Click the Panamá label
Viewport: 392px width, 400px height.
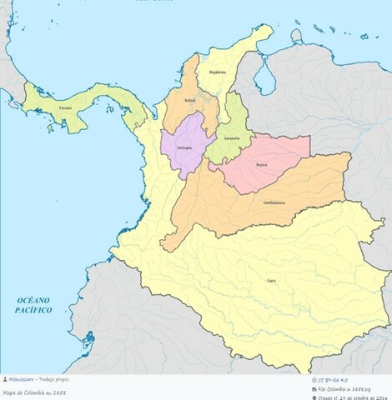click(x=65, y=107)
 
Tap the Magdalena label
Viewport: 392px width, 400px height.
click(x=217, y=72)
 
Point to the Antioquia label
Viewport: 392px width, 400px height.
click(x=184, y=147)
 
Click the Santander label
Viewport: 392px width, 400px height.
click(x=232, y=137)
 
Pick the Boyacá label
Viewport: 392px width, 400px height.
click(x=263, y=164)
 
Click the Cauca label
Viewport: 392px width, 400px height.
click(x=271, y=282)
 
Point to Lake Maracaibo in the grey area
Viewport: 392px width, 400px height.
click(x=265, y=79)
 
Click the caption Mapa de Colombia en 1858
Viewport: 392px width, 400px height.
click(x=35, y=392)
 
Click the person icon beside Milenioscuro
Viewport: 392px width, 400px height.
click(x=5, y=379)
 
